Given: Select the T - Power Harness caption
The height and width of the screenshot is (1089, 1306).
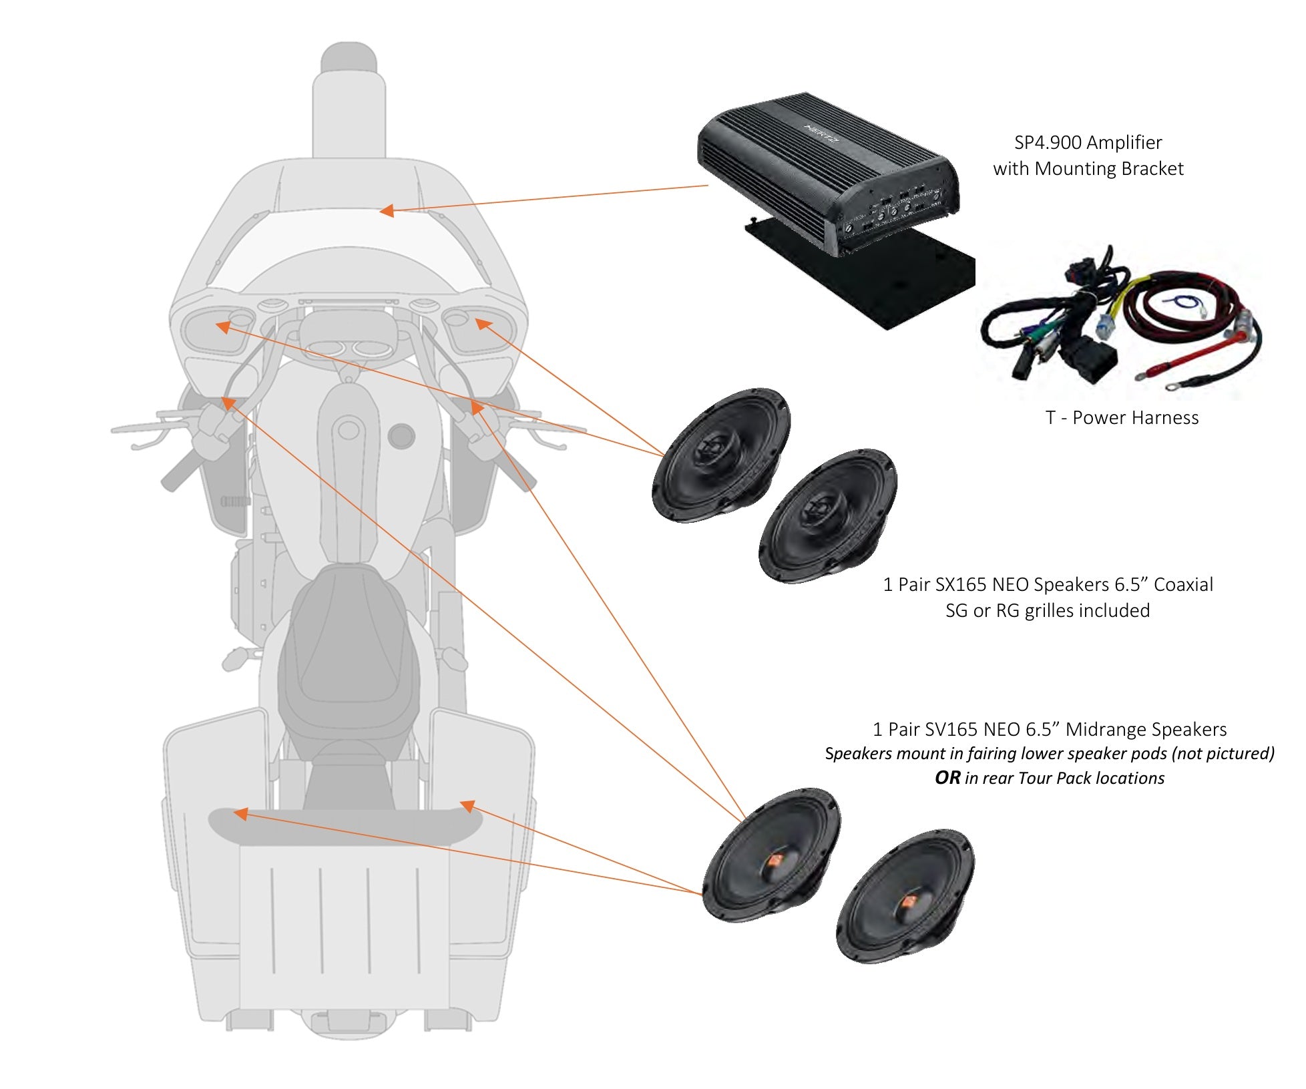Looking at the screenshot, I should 1122,418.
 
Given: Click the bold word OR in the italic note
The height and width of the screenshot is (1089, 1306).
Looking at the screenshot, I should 947,778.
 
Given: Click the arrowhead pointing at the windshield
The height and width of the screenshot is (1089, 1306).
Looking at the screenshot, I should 386,211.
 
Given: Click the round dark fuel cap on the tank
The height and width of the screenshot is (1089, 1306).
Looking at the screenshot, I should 401,435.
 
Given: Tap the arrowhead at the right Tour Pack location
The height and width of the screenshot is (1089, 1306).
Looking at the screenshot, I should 467,806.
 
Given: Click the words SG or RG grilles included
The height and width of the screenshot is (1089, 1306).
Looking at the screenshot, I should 1048,610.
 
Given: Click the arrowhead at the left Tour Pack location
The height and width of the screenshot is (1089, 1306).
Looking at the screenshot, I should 240,813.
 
